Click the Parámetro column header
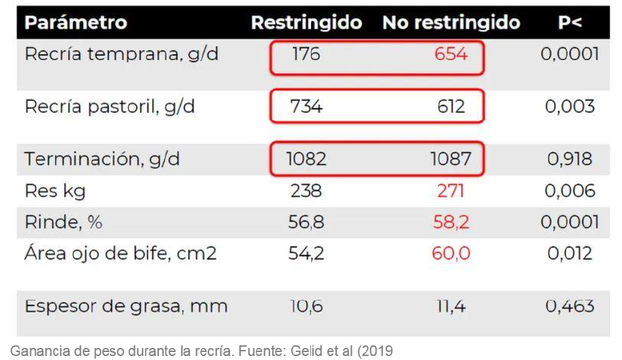(x=75, y=23)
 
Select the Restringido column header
(x=306, y=23)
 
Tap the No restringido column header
(x=451, y=23)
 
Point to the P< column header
(x=570, y=23)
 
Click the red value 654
(x=450, y=54)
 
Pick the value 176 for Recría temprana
(x=306, y=54)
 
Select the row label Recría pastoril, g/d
(x=109, y=107)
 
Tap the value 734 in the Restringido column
(x=306, y=107)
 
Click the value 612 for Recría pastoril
(x=450, y=107)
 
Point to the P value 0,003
(x=570, y=107)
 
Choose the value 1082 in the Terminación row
(x=306, y=160)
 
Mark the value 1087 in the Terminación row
(x=450, y=160)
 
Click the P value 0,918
(x=570, y=160)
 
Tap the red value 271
(x=450, y=192)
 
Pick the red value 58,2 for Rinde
(x=450, y=222)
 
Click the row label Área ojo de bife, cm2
(x=120, y=254)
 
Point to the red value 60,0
(x=450, y=254)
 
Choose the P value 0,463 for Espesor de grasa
(x=570, y=307)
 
